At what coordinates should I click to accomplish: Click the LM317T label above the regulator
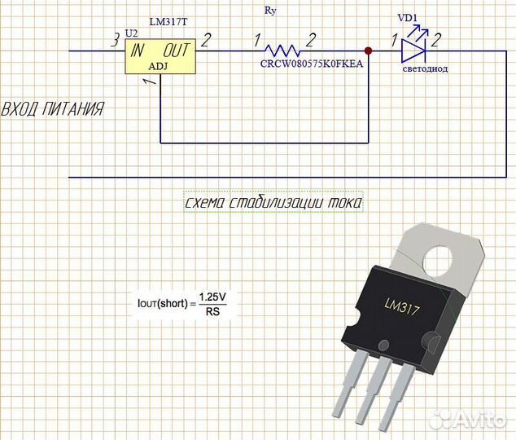pos(168,20)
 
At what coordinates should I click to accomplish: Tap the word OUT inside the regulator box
pos(177,51)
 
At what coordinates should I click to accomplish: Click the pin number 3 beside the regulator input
pos(116,38)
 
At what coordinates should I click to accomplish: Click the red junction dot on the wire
pos(370,51)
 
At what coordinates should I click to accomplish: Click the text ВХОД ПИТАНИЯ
pos(52,109)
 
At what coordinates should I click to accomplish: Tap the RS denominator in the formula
pos(212,310)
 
